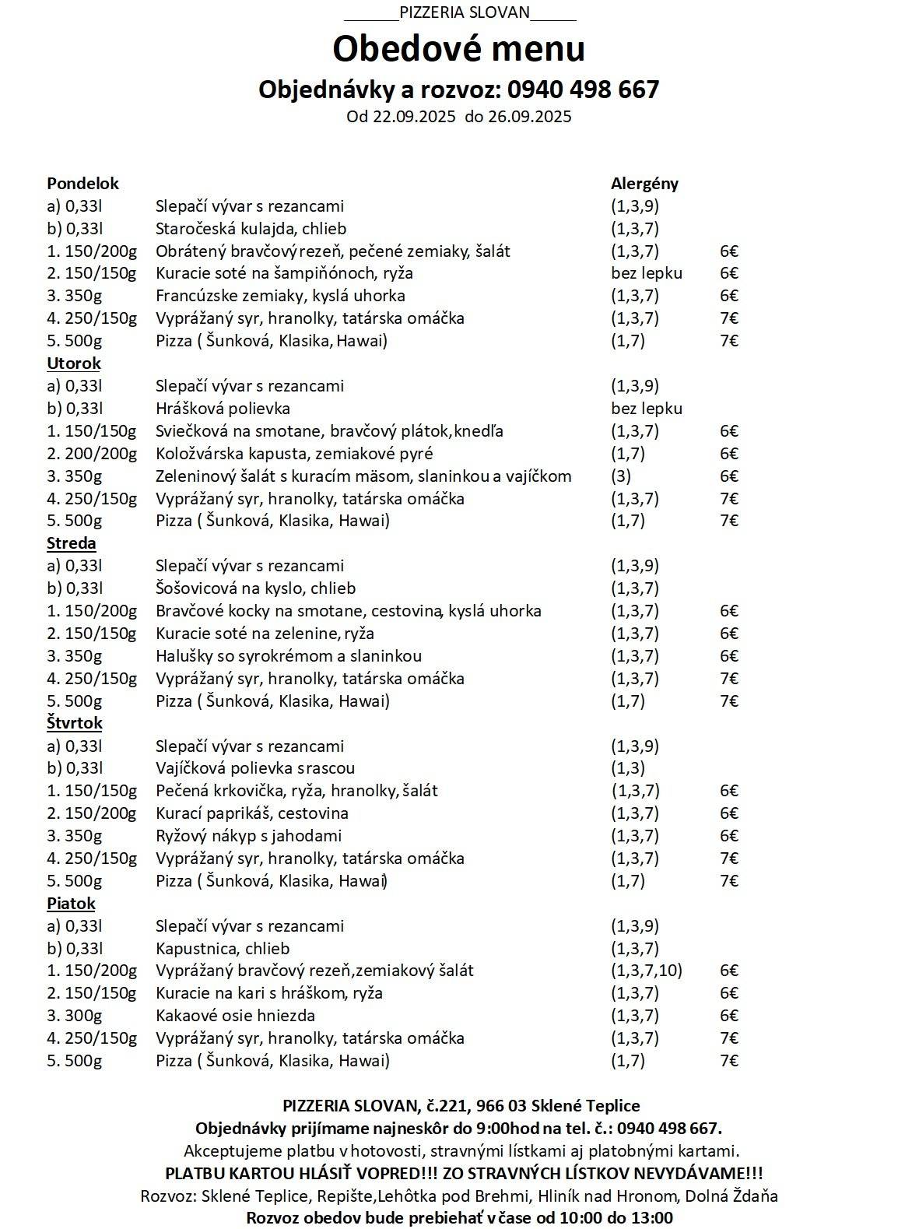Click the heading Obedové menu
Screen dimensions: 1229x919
point(458,49)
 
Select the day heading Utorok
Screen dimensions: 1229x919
point(74,363)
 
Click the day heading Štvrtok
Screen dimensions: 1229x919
point(75,723)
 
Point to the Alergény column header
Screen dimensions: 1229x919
point(644,184)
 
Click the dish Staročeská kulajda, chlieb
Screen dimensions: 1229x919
point(251,229)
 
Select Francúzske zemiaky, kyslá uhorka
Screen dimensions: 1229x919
point(280,296)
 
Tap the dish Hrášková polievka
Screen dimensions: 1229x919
point(223,409)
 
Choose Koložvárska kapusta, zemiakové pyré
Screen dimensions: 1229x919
point(294,454)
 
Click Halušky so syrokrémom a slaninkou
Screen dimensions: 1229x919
point(289,656)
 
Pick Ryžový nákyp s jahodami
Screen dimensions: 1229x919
point(248,836)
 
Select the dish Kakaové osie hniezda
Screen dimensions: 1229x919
point(235,1016)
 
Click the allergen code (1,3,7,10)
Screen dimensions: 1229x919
point(647,971)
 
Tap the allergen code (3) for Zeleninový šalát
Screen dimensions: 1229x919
point(621,476)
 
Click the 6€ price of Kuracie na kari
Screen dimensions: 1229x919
point(729,993)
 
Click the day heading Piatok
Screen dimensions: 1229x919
point(71,904)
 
